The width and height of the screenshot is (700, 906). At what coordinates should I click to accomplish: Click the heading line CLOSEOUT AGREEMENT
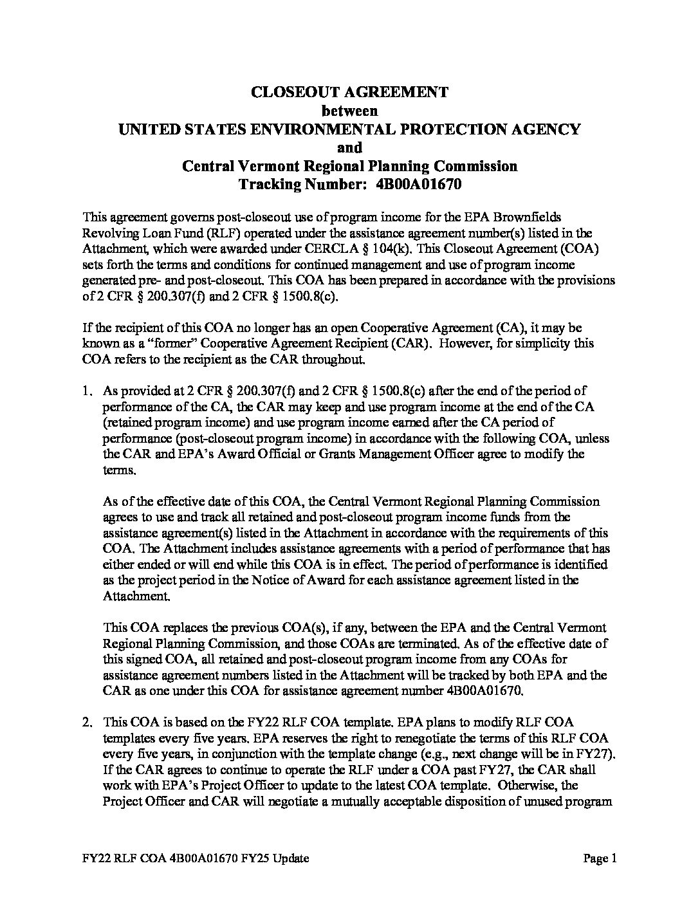[349, 92]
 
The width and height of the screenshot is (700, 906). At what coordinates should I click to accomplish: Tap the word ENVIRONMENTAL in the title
[308, 129]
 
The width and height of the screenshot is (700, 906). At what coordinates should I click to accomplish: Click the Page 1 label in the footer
[600, 858]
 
